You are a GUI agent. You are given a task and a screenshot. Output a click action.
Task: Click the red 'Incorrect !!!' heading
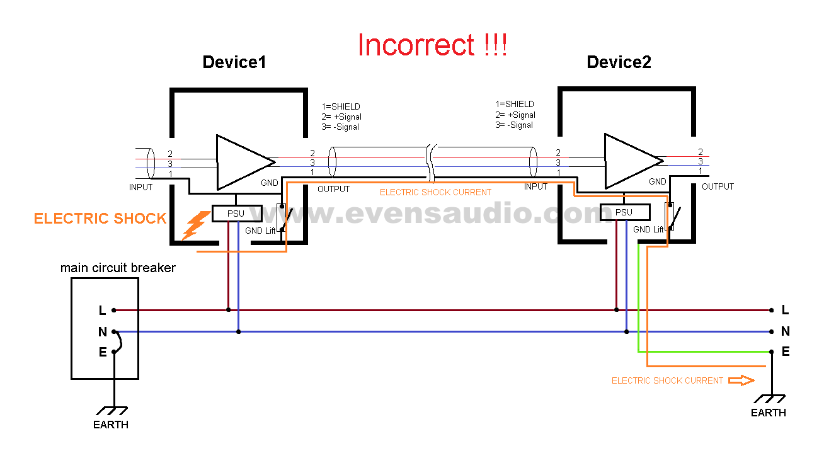(432, 45)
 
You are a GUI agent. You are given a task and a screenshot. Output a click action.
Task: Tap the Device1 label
(234, 62)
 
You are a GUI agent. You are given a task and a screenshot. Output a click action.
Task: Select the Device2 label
(619, 62)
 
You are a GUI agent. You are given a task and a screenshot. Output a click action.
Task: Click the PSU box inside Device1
(236, 214)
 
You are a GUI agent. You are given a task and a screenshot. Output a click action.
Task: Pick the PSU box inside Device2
(624, 212)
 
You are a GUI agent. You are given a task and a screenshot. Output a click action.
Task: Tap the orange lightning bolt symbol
(196, 226)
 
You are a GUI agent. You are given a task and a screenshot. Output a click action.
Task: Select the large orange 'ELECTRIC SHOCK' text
(100, 219)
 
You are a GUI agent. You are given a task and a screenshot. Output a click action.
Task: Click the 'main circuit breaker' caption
(118, 268)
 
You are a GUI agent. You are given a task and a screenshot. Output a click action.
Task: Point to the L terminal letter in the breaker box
(102, 310)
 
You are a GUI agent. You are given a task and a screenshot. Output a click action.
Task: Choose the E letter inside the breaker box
(102, 352)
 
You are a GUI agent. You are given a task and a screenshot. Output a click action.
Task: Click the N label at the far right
(785, 331)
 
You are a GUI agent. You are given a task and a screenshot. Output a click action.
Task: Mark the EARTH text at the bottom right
(768, 413)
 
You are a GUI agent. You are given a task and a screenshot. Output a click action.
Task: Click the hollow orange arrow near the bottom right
(741, 380)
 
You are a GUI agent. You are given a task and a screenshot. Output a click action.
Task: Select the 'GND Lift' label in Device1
(260, 231)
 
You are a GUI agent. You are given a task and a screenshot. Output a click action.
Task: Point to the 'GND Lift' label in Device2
(648, 230)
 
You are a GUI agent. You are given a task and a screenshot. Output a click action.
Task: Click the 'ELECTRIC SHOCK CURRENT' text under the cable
(435, 192)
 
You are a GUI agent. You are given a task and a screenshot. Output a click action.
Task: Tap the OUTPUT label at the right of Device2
(718, 186)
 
